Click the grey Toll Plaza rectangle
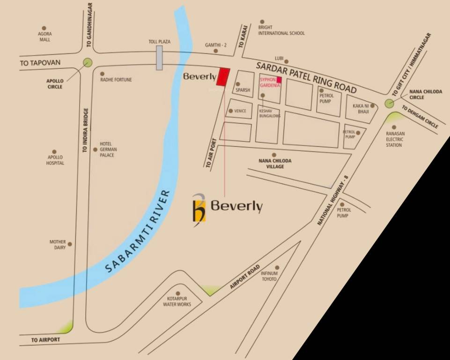point(160,58)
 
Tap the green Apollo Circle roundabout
point(88,62)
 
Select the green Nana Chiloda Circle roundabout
point(389,104)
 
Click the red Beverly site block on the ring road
point(223,77)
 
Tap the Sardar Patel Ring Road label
point(307,76)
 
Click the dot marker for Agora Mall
point(44,28)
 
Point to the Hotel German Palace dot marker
point(96,150)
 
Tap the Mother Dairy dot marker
point(70,244)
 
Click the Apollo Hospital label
point(55,160)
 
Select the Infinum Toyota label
point(269,276)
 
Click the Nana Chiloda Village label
point(275,164)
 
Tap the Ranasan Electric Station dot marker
point(394,127)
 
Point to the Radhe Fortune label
point(116,80)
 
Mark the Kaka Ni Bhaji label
point(361,109)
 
